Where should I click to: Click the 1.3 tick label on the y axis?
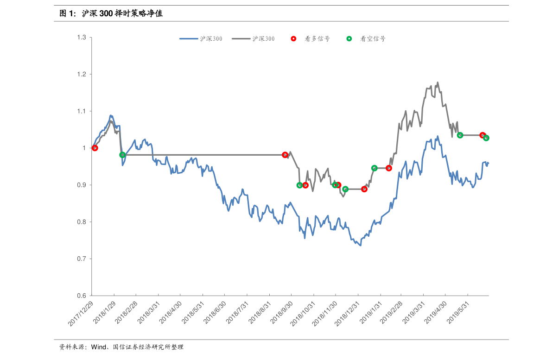[81, 37]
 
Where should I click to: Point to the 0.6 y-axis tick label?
[81, 296]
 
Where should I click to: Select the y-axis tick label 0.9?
[81, 185]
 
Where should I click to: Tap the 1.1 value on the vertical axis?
[81, 111]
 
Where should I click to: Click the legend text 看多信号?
[317, 39]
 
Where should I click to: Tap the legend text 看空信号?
[373, 39]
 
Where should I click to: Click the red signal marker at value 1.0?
[95, 148]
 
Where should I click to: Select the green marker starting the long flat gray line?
[122, 155]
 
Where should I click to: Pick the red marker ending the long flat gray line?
[285, 155]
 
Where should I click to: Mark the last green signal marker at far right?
[486, 138]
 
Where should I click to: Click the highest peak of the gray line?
[438, 82]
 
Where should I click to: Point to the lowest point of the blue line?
[360, 246]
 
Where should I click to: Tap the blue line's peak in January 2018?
[111, 115]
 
